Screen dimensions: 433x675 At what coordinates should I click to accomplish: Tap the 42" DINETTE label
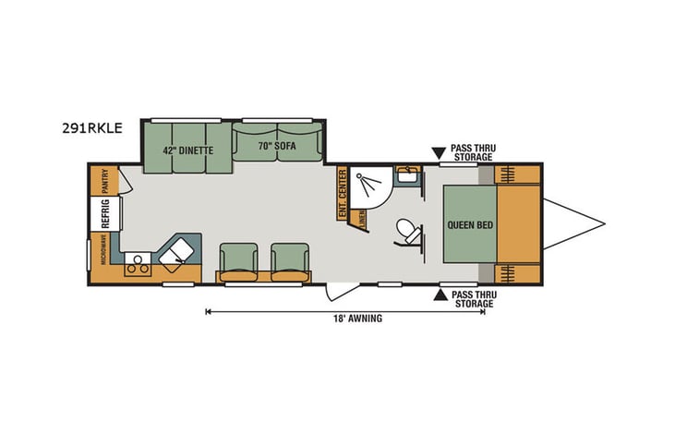tap(188, 150)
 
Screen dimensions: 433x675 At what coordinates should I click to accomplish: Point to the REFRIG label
tap(105, 215)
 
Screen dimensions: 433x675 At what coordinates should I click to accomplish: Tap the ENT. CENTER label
tap(342, 193)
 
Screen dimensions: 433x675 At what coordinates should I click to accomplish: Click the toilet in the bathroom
tap(406, 231)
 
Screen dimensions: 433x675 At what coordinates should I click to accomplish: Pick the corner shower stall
tap(368, 187)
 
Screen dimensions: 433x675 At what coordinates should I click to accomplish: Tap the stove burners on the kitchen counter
tap(139, 266)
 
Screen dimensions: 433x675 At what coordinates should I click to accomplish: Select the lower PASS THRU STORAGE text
tap(471, 298)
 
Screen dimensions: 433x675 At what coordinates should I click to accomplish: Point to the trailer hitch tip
tap(604, 222)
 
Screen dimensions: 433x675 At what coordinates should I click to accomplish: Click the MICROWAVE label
tap(90, 250)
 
